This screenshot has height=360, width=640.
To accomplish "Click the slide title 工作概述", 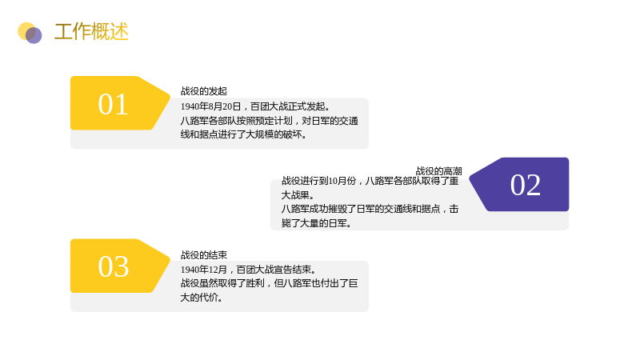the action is (x=91, y=32).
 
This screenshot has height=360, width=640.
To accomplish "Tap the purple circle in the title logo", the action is (x=34, y=35).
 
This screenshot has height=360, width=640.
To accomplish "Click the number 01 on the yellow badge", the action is (x=113, y=105).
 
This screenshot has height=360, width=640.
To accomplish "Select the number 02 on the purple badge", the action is (x=526, y=185).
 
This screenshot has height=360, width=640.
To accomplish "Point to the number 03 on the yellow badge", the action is (x=114, y=267).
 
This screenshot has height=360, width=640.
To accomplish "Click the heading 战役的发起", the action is (x=204, y=91).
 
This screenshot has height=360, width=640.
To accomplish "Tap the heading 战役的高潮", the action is (x=438, y=171).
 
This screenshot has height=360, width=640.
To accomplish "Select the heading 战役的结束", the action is (x=204, y=255).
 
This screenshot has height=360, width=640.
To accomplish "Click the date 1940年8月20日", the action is (x=210, y=106).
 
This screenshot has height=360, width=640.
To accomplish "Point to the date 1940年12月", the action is (x=204, y=270).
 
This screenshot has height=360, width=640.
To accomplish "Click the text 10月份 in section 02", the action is (x=342, y=181).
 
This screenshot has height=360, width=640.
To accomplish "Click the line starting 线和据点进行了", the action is (x=243, y=134).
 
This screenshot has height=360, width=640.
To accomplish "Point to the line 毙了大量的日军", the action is (x=316, y=223).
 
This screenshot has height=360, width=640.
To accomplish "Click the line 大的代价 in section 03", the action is (x=202, y=298).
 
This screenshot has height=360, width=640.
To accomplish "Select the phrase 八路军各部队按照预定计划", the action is (x=236, y=121).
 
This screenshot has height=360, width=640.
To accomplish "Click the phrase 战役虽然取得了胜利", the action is (x=222, y=283).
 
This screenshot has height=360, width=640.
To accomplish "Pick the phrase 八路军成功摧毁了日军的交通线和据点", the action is (x=361, y=209).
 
